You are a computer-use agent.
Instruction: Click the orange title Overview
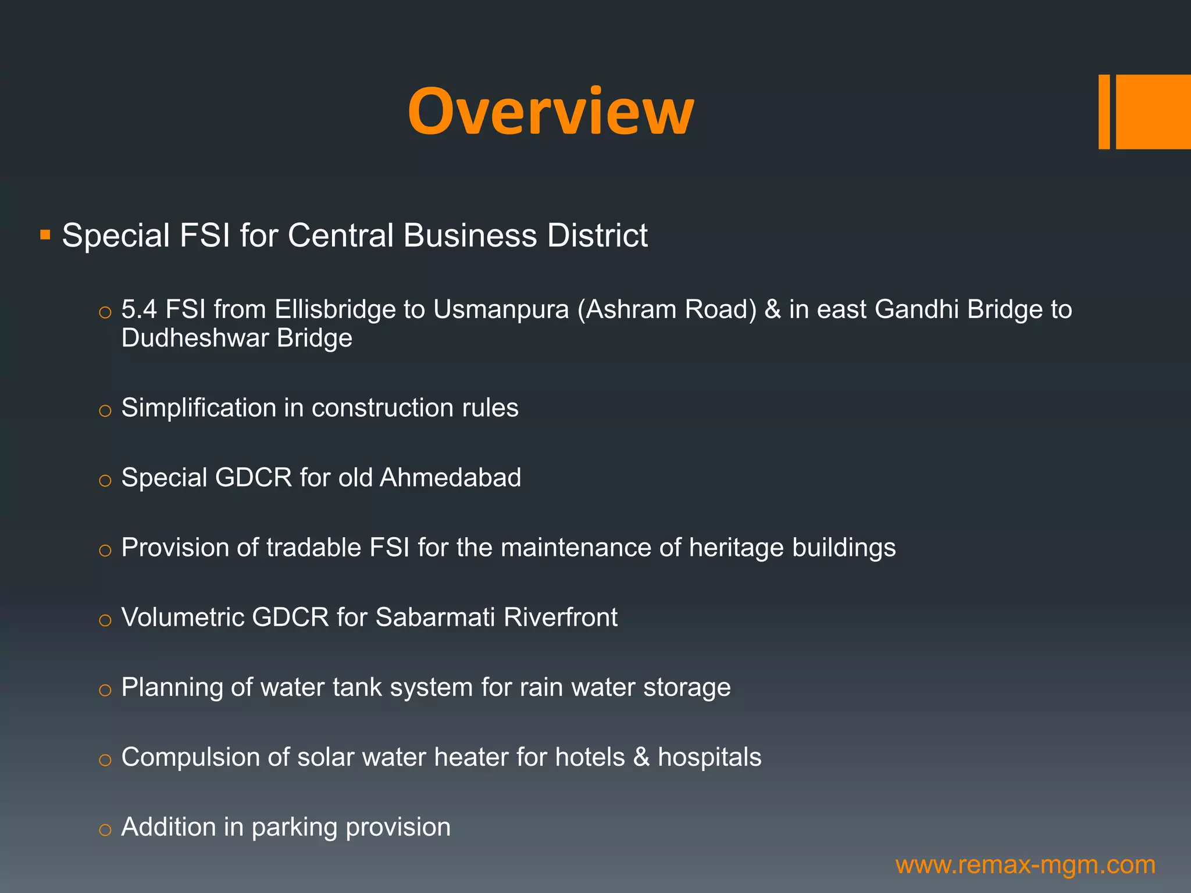tap(550, 111)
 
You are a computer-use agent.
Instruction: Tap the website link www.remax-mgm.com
tap(1025, 865)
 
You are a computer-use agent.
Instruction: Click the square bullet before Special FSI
tap(45, 235)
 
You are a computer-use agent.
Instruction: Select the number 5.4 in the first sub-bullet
tap(139, 309)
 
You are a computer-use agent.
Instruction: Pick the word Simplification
tap(198, 408)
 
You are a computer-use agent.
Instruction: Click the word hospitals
tap(709, 757)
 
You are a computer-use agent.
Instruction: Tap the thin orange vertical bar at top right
tap(1104, 112)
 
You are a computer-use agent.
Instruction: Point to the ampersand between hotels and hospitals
tap(641, 757)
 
